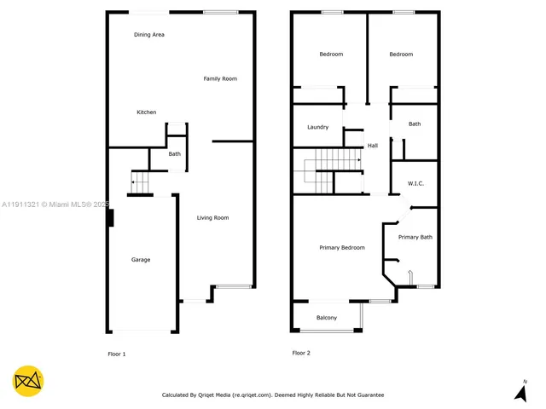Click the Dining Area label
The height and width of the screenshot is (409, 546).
149,35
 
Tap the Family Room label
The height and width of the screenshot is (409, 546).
220,79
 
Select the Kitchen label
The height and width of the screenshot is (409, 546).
147,112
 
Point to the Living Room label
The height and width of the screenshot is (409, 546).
213,218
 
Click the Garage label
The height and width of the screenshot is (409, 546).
141,260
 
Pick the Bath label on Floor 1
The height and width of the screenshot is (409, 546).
174,154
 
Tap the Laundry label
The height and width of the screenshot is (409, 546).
318,128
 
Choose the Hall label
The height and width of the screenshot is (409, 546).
373,147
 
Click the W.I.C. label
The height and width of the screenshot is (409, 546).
416,183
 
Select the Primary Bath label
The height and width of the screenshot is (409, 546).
415,238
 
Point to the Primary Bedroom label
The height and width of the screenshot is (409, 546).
342,248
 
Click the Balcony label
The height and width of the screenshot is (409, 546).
327,318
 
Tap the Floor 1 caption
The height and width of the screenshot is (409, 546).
116,354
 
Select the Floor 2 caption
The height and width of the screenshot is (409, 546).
301,353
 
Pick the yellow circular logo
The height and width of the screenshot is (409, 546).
28,381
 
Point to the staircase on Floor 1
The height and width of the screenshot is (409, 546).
139,181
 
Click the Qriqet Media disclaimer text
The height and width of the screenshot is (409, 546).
273,395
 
